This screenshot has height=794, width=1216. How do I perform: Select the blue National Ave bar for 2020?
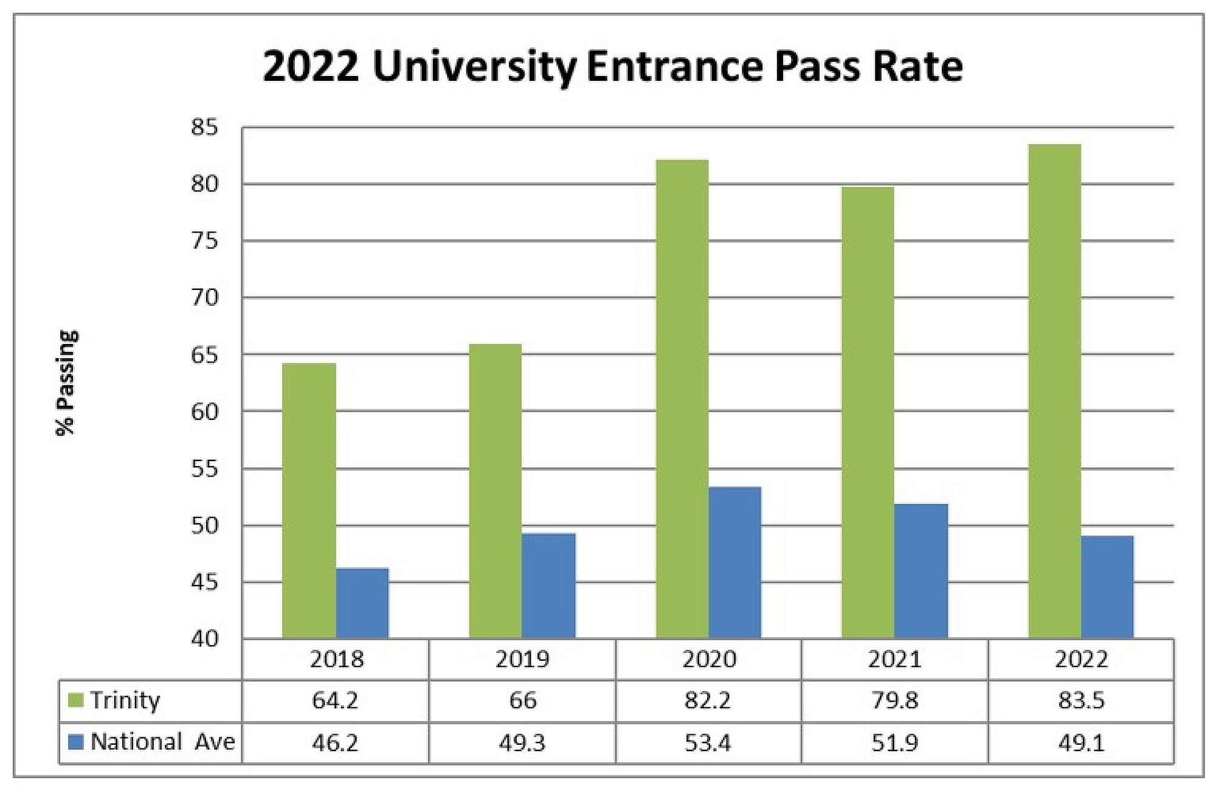point(734,562)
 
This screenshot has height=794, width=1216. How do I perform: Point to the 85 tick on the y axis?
point(204,128)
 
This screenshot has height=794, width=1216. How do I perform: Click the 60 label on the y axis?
point(204,412)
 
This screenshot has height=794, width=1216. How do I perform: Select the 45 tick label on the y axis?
point(204,583)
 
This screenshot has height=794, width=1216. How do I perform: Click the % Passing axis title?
point(66,383)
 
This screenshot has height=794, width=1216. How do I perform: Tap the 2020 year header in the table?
point(709,660)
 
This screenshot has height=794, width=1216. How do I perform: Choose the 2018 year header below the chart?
point(336,660)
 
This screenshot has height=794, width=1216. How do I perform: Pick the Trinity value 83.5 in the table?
point(1081,700)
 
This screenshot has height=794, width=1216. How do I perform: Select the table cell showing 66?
point(522,700)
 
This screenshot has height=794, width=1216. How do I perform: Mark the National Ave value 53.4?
point(708,743)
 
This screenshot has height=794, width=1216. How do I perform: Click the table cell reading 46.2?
point(335,743)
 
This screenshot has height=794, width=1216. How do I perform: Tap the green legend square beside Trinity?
point(76,700)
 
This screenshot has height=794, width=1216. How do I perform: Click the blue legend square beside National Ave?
point(76,742)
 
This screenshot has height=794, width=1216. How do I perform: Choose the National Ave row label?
point(162,742)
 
